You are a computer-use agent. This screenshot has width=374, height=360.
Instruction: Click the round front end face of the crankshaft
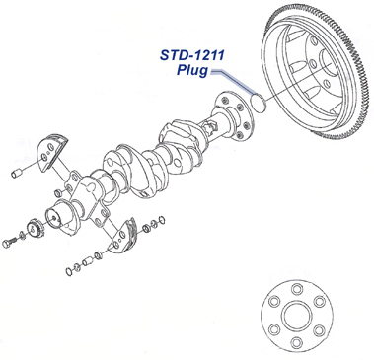pyautogui.click(x=64, y=214)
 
